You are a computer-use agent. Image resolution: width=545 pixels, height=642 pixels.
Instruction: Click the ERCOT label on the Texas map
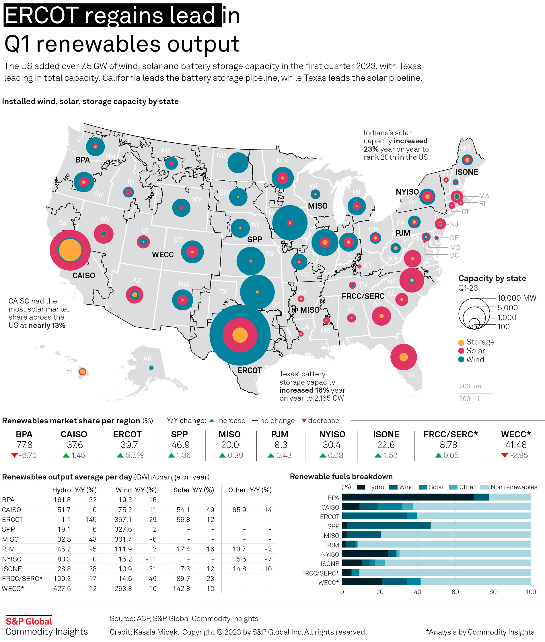[249, 370]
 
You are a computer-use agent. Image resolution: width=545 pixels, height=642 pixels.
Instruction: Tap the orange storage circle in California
[70, 250]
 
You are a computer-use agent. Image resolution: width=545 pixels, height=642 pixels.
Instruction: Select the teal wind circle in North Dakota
[238, 163]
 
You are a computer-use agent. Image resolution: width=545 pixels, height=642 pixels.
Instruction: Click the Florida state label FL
[412, 375]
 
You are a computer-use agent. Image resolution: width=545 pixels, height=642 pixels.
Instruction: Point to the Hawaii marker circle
[83, 372]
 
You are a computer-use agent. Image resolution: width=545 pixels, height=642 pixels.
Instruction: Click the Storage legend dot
[461, 342]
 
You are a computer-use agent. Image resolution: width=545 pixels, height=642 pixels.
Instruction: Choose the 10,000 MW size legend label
[517, 298]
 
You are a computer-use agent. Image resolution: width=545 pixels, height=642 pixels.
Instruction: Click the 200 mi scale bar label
[469, 399]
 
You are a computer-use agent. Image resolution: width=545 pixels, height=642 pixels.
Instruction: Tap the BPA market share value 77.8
[24, 445]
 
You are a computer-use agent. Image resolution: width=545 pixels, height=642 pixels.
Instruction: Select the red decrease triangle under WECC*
[505, 455]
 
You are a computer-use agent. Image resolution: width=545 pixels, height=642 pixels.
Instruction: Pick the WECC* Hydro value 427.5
[62, 589]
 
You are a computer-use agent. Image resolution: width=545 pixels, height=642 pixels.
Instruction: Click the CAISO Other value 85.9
[239, 510]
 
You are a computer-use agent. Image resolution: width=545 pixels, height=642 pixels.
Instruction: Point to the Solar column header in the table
[182, 490]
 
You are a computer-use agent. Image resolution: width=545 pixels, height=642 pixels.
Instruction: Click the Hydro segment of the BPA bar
[408, 497]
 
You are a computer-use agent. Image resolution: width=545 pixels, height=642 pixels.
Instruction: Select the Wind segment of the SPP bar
[389, 525]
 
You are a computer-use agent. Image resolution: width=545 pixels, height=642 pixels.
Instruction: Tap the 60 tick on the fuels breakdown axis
[455, 592]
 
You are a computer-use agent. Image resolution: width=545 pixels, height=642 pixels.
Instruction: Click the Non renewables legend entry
[513, 487]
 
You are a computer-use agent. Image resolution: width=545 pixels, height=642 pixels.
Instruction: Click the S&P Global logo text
[29, 621]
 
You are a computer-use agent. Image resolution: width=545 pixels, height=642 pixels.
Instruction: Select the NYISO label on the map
[407, 192]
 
